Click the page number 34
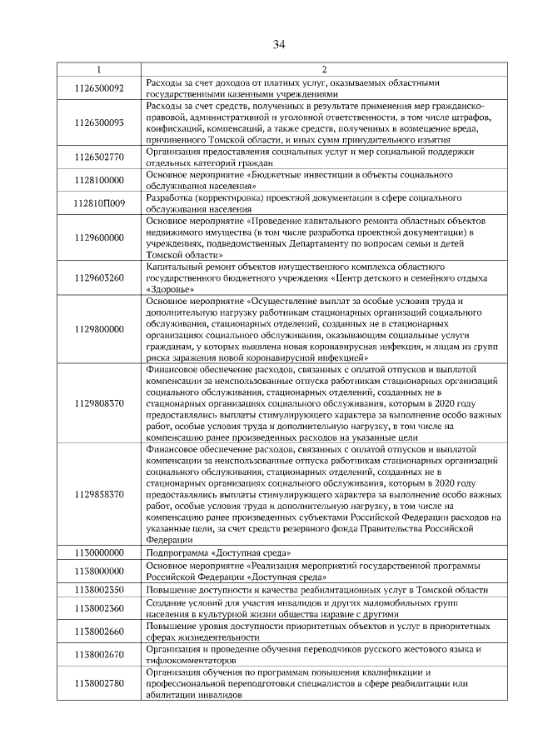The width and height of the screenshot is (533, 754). tap(278, 45)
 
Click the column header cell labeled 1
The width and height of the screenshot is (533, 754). tap(98, 69)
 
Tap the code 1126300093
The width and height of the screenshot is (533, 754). tap(98, 123)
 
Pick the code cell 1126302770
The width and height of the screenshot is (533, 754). tap(98, 157)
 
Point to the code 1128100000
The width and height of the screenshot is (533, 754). tap(98, 180)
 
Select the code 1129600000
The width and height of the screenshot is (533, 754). tap(98, 237)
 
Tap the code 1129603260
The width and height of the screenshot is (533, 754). tap(98, 277)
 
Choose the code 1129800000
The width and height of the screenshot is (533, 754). tap(98, 329)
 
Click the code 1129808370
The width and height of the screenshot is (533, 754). tap(98, 403)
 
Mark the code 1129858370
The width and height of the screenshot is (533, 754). tap(98, 494)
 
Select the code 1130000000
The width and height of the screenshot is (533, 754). tap(98, 552)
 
